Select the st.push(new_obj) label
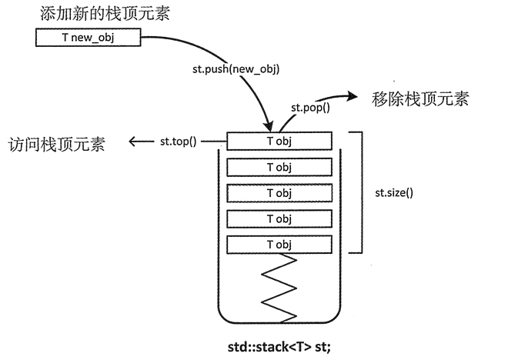click(236, 68)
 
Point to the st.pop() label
click(309, 108)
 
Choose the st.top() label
click(179, 141)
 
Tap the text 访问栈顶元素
click(57, 144)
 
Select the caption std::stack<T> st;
click(279, 345)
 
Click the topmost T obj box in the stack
click(279, 141)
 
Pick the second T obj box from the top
click(279, 167)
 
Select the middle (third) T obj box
click(279, 193)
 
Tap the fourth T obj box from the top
click(279, 219)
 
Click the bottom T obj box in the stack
click(279, 245)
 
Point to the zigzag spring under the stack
click(279, 289)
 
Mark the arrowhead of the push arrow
click(269, 125)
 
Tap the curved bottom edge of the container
click(279, 323)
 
